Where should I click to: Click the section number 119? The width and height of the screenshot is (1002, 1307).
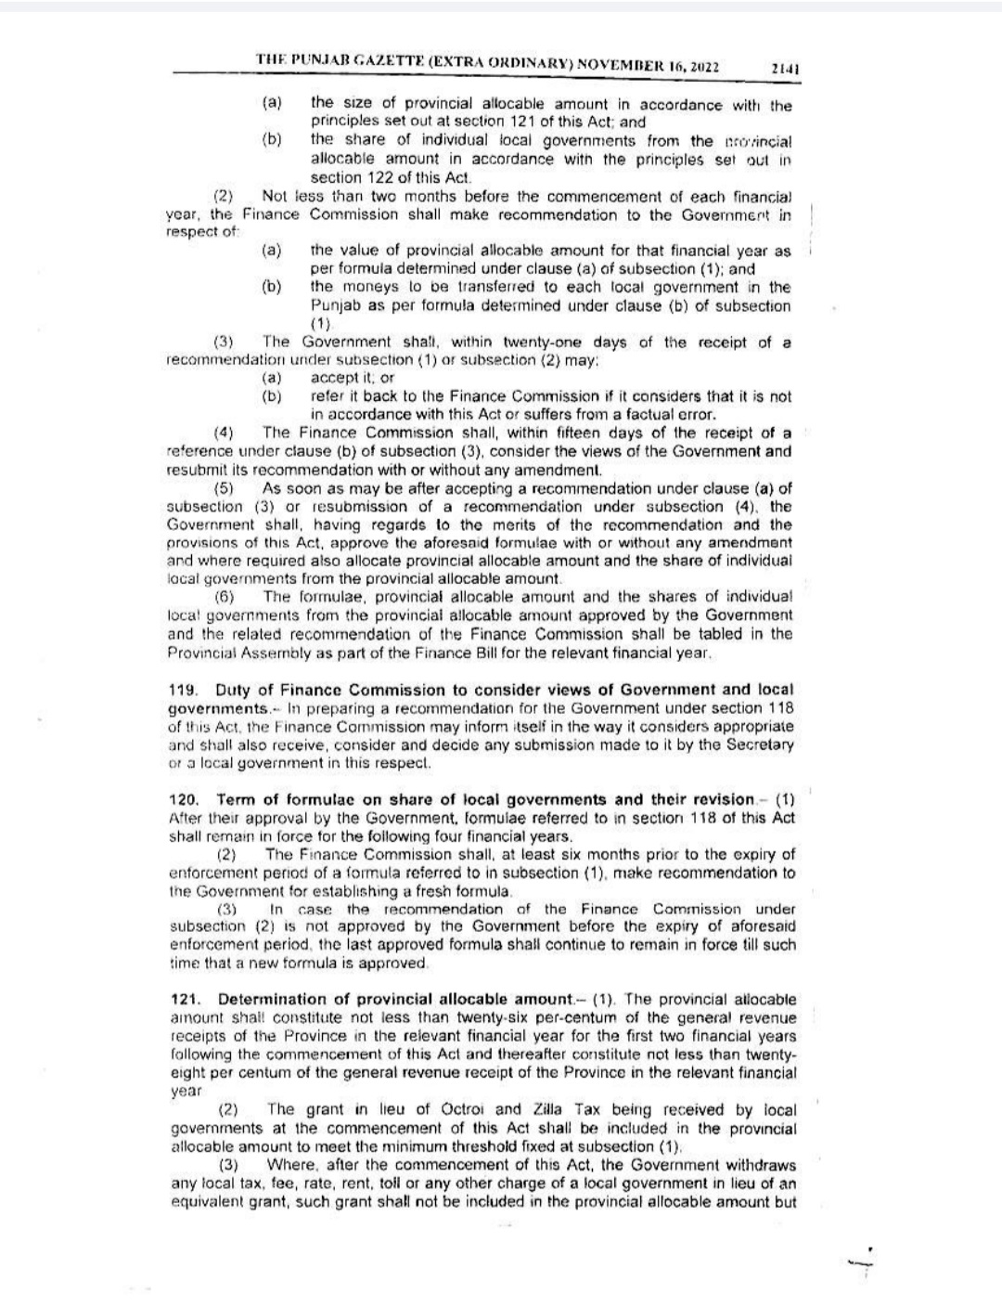[x=183, y=690]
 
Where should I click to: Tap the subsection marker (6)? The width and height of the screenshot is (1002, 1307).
[x=224, y=597]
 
